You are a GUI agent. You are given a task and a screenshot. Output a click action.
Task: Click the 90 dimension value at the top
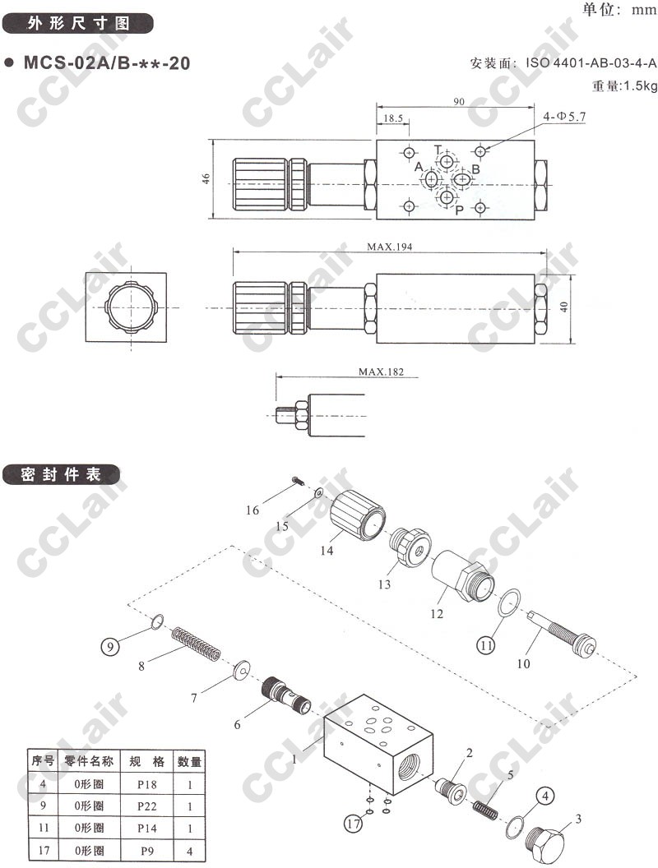[x=459, y=101]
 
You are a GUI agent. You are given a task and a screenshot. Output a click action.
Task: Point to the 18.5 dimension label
[x=393, y=118]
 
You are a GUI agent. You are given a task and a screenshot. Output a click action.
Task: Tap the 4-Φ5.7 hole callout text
[x=564, y=117]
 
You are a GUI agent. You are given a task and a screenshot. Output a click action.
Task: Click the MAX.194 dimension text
[x=389, y=247]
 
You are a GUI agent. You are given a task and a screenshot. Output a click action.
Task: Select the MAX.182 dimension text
[x=381, y=372]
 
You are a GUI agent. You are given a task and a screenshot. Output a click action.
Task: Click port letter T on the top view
[x=438, y=150]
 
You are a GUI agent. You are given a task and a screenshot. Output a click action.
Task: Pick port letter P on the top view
[x=459, y=210]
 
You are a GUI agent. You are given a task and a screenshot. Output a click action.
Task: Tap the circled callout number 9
[x=110, y=646]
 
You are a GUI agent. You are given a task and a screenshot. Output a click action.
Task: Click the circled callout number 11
[x=486, y=645]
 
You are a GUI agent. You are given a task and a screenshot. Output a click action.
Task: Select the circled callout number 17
[x=354, y=824]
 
